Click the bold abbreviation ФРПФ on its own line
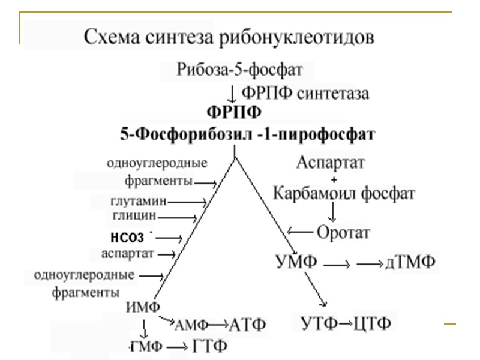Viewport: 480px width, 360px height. tap(234, 112)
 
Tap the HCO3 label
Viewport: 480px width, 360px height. tap(128, 235)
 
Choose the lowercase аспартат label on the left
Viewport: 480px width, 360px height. tap(128, 253)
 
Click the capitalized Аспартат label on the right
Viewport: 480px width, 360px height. tap(331, 162)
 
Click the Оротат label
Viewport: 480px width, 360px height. tap(343, 231)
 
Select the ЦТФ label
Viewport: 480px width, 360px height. tap(373, 324)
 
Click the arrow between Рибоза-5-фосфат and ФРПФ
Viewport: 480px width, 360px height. tap(232, 92)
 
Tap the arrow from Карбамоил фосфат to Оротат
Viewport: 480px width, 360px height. tap(331, 211)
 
